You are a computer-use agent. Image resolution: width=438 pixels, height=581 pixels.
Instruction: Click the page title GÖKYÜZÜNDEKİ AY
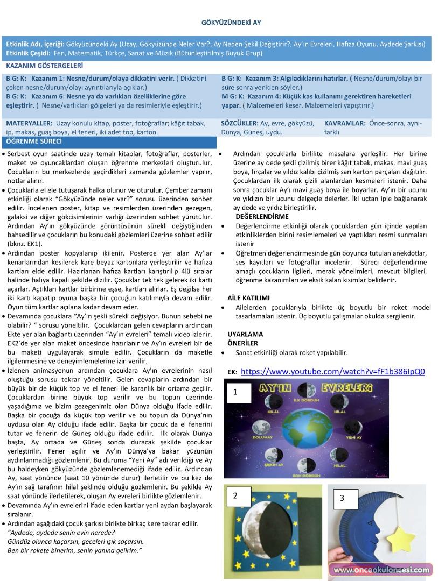click(x=231, y=23)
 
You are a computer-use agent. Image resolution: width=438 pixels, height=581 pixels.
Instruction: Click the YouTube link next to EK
click(x=332, y=371)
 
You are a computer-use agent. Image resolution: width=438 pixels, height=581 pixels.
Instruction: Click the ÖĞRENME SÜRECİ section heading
click(x=33, y=142)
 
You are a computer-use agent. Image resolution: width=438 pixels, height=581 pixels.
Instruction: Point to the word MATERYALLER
click(x=29, y=123)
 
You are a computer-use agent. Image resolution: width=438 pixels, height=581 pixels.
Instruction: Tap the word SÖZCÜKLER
click(x=239, y=123)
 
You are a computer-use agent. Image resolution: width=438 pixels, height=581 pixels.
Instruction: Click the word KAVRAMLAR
click(x=345, y=123)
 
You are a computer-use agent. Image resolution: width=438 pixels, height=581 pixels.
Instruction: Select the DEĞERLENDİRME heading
click(x=262, y=216)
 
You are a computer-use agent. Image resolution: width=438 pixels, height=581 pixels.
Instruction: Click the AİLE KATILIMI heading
click(x=248, y=297)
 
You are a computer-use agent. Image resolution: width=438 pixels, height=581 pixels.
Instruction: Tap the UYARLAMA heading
click(x=245, y=334)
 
